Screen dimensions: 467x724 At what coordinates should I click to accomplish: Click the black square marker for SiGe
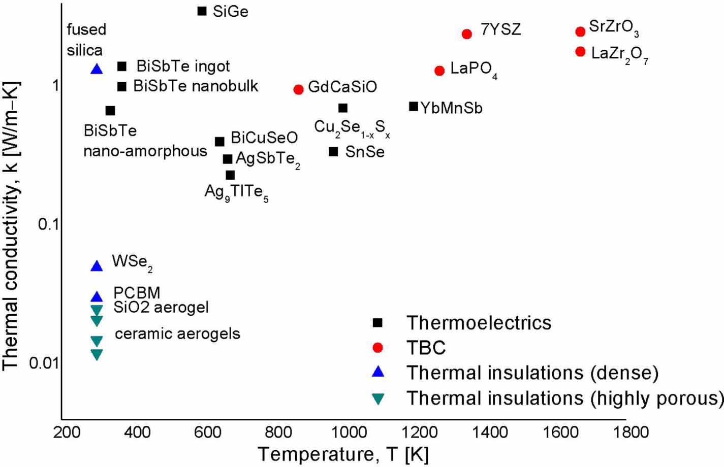[x=202, y=11]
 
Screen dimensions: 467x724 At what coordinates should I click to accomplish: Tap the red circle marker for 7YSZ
[x=467, y=34]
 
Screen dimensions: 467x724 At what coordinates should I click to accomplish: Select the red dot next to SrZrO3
[x=580, y=31]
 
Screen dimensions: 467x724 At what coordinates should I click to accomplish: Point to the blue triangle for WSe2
[x=97, y=265]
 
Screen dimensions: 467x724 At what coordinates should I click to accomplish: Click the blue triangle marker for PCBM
[x=97, y=296]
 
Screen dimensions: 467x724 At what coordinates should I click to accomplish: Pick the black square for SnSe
[x=333, y=151]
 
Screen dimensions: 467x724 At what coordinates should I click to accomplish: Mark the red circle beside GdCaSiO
[x=299, y=89]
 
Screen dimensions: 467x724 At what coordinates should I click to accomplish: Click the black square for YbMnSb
[x=414, y=107]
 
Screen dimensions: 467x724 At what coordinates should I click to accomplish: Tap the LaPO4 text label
[x=473, y=69]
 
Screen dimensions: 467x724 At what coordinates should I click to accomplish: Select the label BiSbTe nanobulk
[x=196, y=86]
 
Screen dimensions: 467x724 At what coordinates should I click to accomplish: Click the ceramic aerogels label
[x=177, y=333]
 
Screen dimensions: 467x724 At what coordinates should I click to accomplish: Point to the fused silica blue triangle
[x=97, y=69]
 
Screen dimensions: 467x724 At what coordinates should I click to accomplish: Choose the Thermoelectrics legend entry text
[x=479, y=323]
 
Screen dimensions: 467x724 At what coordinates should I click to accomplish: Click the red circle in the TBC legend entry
[x=377, y=348]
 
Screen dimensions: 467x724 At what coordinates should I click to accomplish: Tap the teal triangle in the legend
[x=377, y=399]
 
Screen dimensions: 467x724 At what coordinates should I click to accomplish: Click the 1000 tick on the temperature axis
[x=349, y=432]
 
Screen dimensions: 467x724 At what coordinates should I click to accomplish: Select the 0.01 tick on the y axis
[x=44, y=362]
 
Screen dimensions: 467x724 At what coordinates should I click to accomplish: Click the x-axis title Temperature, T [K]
[x=343, y=454]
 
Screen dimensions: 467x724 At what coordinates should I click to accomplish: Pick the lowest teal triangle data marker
[x=97, y=354]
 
